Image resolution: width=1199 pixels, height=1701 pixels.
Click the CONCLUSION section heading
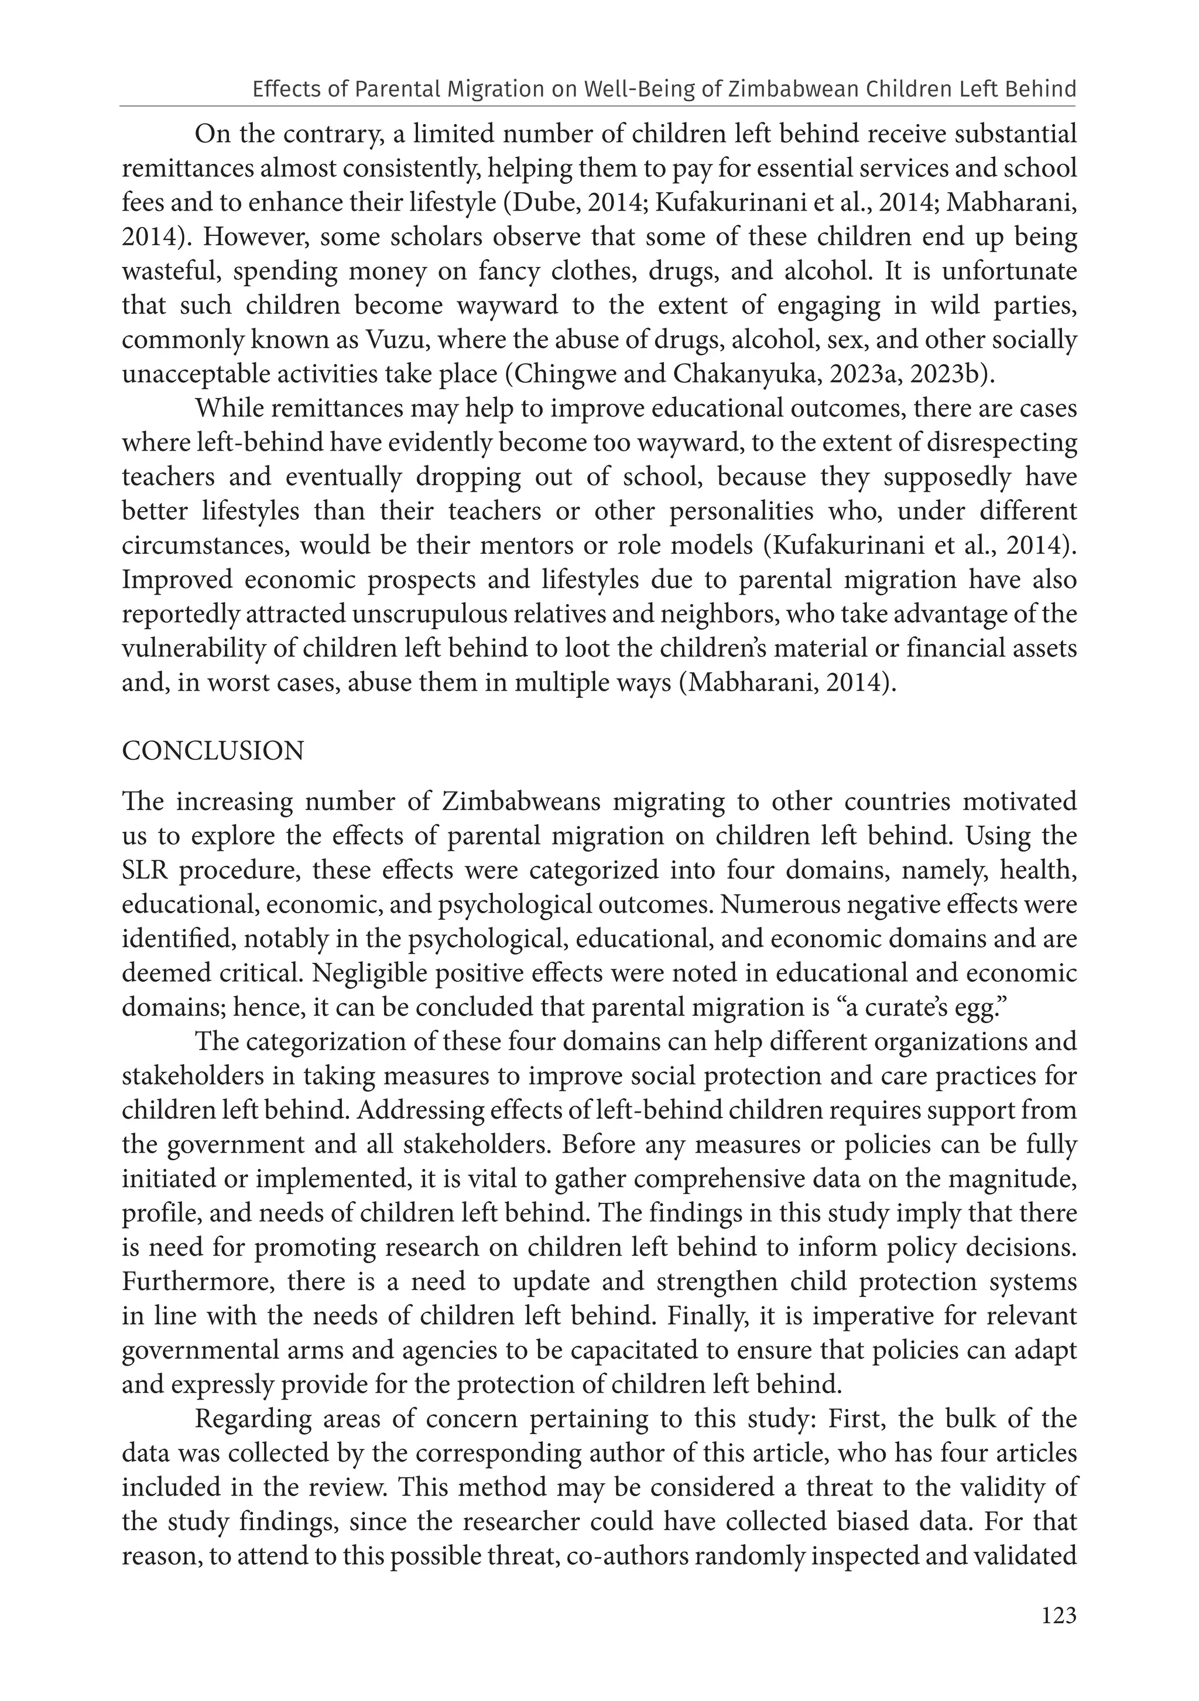213,751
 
